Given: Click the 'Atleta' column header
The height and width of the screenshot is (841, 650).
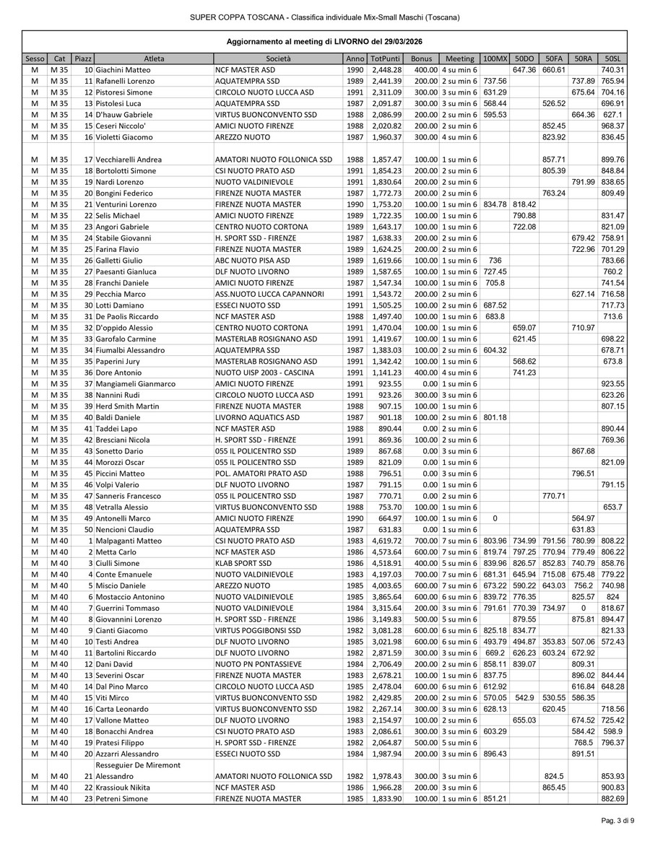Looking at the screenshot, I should tap(153, 58).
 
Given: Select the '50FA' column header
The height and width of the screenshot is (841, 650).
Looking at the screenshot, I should tap(554, 58).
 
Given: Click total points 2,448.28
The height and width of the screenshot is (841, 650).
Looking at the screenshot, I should tap(381, 69).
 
